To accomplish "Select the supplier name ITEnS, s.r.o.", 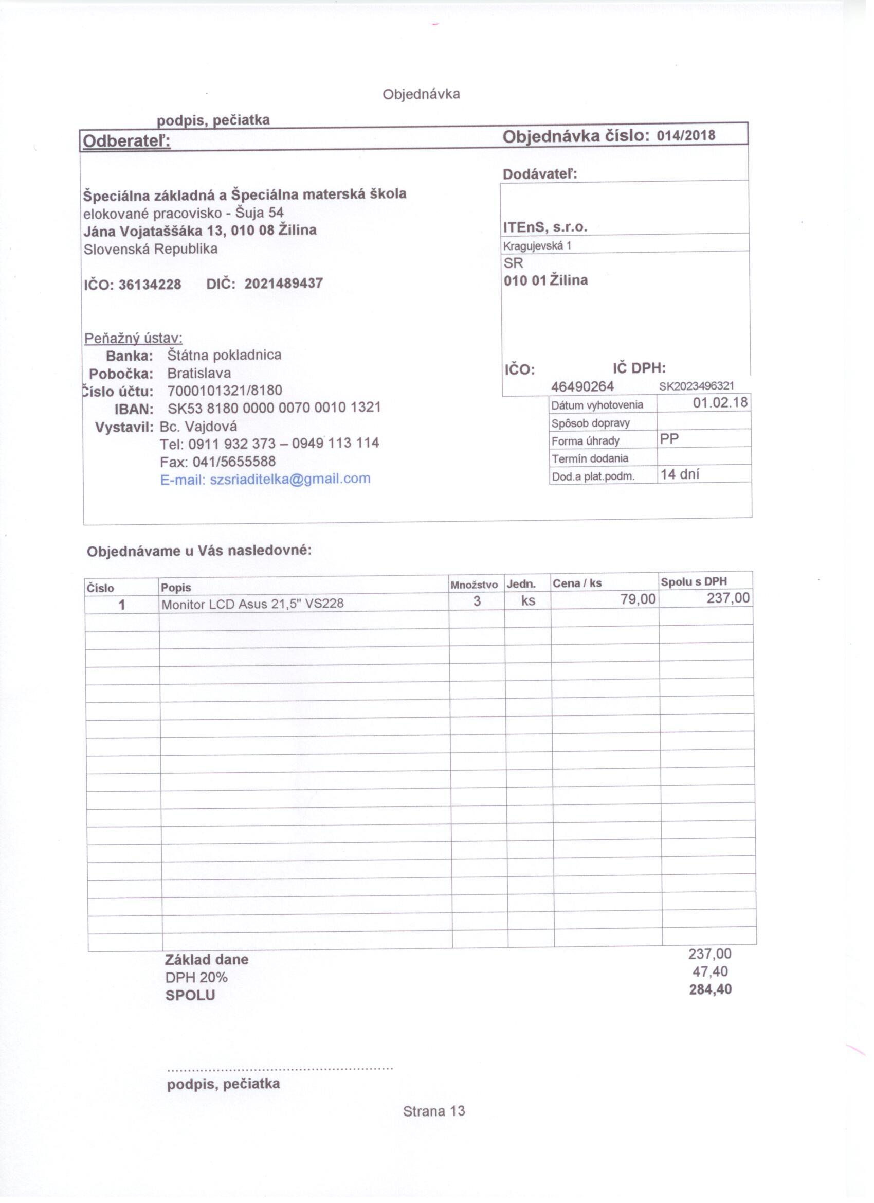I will pos(545,227).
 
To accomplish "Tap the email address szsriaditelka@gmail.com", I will pos(290,479).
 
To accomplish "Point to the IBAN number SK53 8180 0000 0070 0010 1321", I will pos(274,408).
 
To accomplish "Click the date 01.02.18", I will pos(720,402).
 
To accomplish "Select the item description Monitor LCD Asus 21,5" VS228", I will pos(252,604).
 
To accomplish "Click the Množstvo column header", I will pos(474,585).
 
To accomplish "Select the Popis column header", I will pos(176,587).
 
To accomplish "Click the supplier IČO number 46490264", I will pos(582,387).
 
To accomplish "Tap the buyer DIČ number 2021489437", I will pos(283,283).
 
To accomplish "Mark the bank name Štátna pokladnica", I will pos(224,355).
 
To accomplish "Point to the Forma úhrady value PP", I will pos(669,439).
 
